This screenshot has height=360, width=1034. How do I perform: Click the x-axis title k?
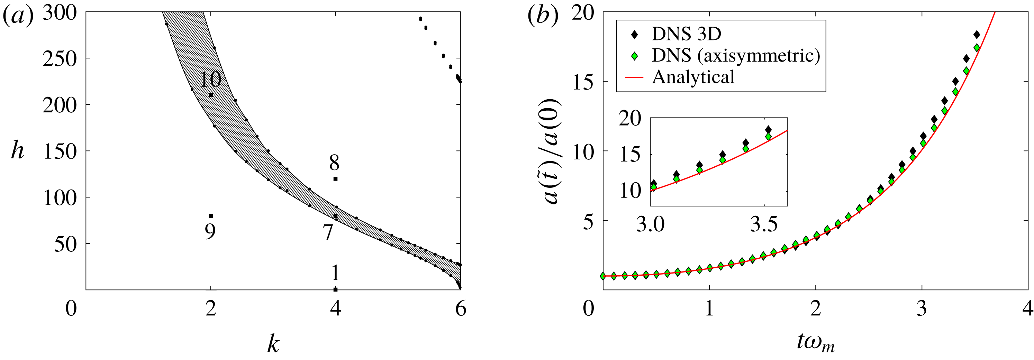(x=273, y=344)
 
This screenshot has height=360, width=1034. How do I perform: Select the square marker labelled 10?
(x=211, y=95)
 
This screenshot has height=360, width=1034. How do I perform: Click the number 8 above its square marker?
(x=334, y=163)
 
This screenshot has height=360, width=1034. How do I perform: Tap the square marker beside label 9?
(x=211, y=216)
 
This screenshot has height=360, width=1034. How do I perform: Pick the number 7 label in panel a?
(x=328, y=232)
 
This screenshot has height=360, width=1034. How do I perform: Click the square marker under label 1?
(x=335, y=289)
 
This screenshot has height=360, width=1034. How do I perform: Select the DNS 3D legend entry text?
(x=686, y=34)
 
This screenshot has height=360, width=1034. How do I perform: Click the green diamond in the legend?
(x=635, y=56)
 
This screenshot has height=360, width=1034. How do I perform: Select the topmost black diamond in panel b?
(x=977, y=35)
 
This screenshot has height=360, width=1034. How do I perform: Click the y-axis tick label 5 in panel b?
(x=588, y=221)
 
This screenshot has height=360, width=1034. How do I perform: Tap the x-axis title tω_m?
(x=815, y=343)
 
